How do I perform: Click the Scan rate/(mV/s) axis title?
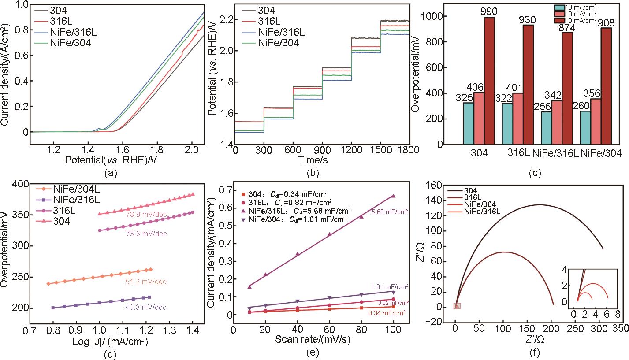[317, 340]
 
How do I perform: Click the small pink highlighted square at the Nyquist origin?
[457, 306]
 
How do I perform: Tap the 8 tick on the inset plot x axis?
[617, 313]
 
